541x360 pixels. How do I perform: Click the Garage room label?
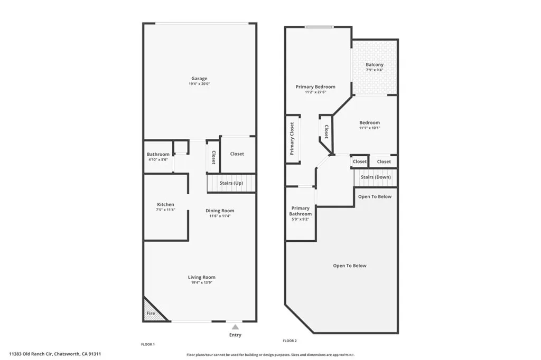(x=199, y=78)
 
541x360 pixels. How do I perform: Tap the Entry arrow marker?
(x=235, y=327)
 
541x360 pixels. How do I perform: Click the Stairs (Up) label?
(x=230, y=183)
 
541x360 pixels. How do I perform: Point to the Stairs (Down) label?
(x=376, y=177)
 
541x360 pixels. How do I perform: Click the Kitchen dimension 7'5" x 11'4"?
(x=165, y=210)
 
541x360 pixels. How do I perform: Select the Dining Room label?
(x=220, y=211)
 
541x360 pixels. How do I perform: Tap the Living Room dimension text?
(x=201, y=282)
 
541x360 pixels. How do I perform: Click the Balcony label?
(x=375, y=64)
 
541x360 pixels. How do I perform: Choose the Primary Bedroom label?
(x=315, y=87)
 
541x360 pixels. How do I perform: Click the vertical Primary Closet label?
(x=292, y=138)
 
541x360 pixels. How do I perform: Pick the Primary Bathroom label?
(x=301, y=211)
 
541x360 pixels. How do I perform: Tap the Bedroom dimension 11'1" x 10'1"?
(x=369, y=128)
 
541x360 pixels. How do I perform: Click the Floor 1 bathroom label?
(x=158, y=154)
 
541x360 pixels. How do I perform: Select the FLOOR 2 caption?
(x=291, y=341)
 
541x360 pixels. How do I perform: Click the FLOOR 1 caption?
(x=147, y=344)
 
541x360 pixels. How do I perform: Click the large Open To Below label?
(x=349, y=266)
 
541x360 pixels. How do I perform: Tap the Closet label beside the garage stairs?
(x=237, y=154)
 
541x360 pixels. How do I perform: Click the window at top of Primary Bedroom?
(x=319, y=27)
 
